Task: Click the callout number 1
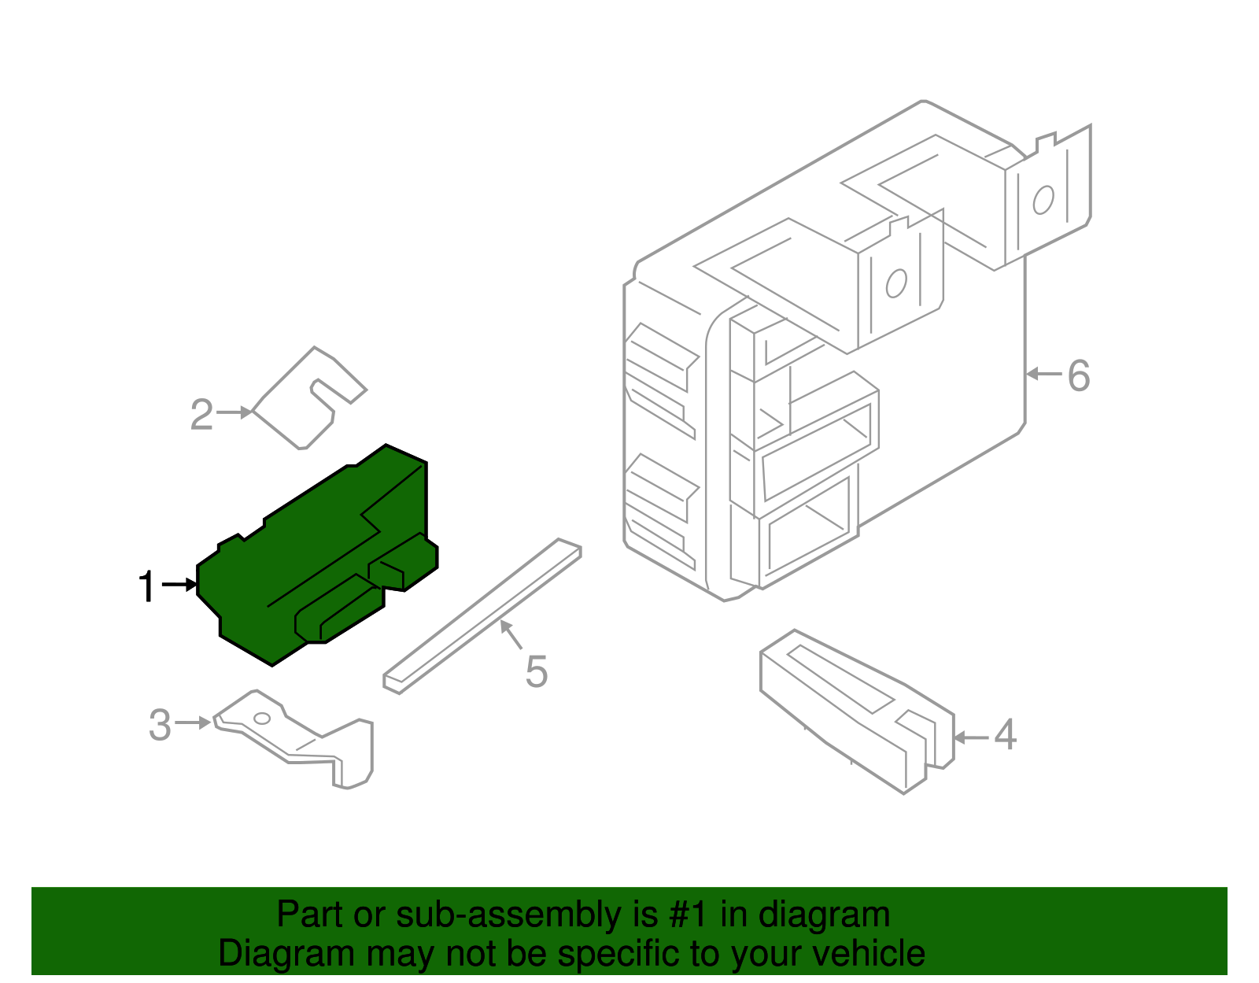pos(146,586)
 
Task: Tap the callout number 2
pos(201,415)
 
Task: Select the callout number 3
pos(160,725)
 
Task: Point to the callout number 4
pos(1005,735)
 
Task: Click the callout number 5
pos(536,672)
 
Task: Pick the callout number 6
pos(1079,375)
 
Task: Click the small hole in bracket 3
pos(262,719)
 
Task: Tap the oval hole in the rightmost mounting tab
pos(1043,200)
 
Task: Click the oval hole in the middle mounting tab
pos(896,283)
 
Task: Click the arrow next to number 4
pos(970,737)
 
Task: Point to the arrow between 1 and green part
pos(180,585)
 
